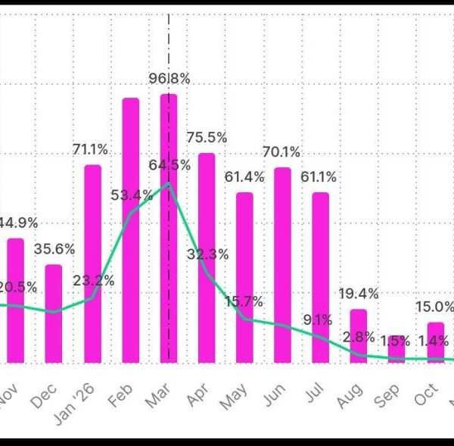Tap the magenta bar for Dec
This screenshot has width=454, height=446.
[54, 313]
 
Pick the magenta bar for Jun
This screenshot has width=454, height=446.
[282, 264]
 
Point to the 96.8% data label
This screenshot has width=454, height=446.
[169, 78]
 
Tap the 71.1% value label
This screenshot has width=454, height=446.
[90, 149]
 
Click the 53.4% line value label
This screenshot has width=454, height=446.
[132, 195]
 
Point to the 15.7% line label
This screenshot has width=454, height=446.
[243, 301]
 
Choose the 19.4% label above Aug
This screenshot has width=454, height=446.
[359, 294]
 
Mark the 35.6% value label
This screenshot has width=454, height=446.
[53, 249]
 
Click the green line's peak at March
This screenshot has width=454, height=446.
[169, 183]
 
